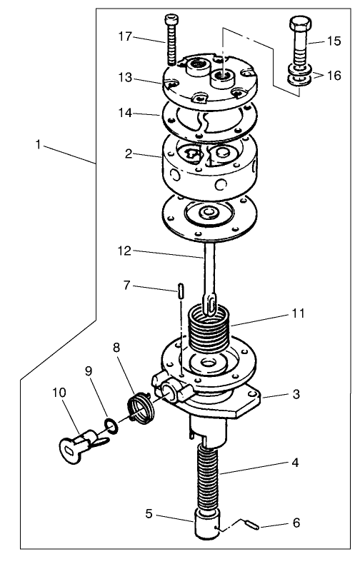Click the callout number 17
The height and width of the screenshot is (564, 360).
[124, 36]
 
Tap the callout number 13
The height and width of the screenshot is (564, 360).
[124, 78]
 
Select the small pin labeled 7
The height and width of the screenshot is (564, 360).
[181, 291]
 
